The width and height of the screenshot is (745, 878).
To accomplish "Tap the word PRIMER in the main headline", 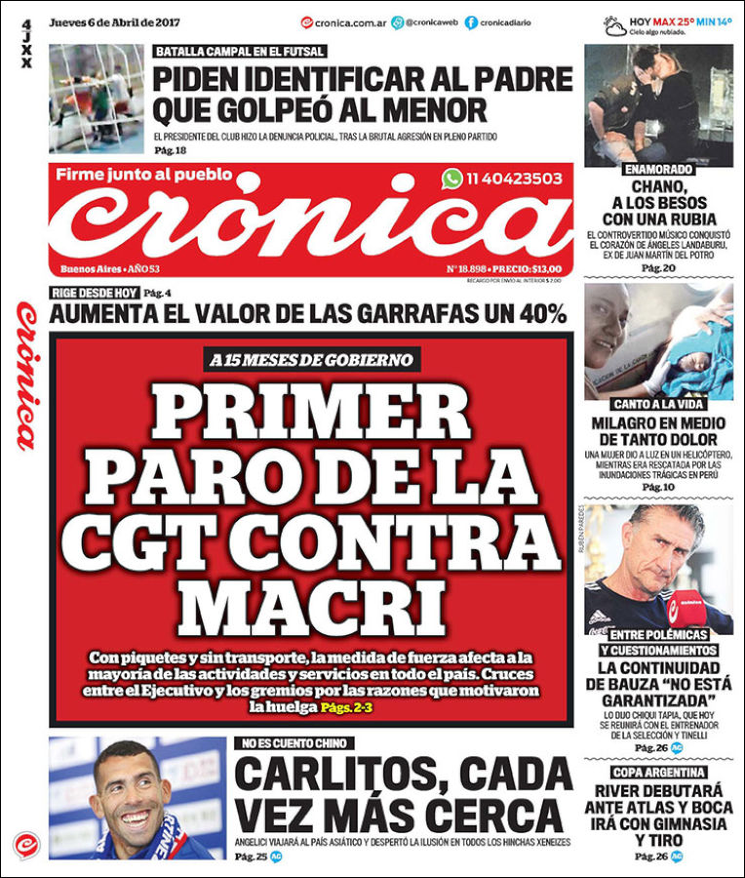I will pyautogui.click(x=310, y=414).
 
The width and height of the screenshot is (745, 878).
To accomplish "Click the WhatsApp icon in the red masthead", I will pyautogui.click(x=451, y=179).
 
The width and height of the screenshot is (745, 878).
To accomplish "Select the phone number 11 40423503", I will pyautogui.click(x=514, y=179).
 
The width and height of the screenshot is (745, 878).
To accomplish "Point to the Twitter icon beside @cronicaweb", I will pyautogui.click(x=398, y=22).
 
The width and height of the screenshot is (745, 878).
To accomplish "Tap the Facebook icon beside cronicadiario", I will pyautogui.click(x=472, y=22).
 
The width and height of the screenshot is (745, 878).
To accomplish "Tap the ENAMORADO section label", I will pyautogui.click(x=658, y=169).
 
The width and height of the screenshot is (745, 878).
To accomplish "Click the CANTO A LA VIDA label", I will pyautogui.click(x=658, y=403).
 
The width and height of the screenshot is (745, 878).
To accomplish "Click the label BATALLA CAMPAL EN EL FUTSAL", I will pyautogui.click(x=240, y=52).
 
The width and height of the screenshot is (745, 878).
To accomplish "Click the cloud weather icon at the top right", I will pyautogui.click(x=614, y=24).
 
